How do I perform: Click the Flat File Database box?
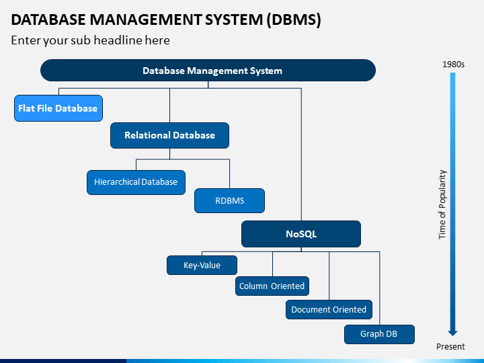tap(58, 108)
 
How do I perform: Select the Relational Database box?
tap(170, 136)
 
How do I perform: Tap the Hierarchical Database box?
tap(136, 182)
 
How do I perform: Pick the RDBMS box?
tap(229, 200)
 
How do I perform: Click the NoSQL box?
tap(301, 234)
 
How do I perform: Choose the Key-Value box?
tap(202, 265)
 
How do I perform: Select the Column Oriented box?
tap(272, 286)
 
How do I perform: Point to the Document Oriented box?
tap(329, 310)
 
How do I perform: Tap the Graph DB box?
tap(379, 334)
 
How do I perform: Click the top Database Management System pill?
tap(208, 71)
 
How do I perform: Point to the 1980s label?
tap(453, 65)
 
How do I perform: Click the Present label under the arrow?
tap(450, 347)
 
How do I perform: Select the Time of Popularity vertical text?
tap(442, 204)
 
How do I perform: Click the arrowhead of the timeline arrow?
tap(452, 333)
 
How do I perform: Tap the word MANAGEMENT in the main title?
tap(145, 19)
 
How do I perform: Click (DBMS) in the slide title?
tap(294, 19)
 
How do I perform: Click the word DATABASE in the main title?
tap(48, 19)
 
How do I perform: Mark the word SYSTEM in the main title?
tap(234, 19)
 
